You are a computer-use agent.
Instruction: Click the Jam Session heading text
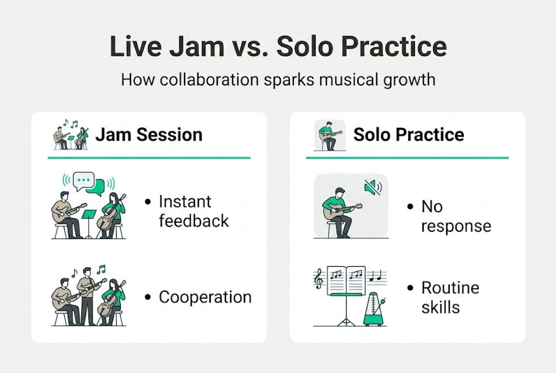click(149, 135)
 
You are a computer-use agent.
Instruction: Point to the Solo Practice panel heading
click(408, 135)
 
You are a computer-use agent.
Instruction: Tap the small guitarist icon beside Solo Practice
click(330, 135)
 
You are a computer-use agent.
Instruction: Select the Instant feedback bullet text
click(193, 211)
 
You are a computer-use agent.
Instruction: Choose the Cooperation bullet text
click(205, 297)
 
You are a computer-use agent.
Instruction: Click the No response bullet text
click(455, 216)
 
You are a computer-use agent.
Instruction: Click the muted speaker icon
click(373, 187)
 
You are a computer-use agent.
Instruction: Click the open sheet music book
click(346, 280)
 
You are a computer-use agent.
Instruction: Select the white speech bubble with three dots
click(83, 181)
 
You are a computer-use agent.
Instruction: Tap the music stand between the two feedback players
click(89, 220)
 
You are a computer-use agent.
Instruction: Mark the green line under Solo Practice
click(407, 157)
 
